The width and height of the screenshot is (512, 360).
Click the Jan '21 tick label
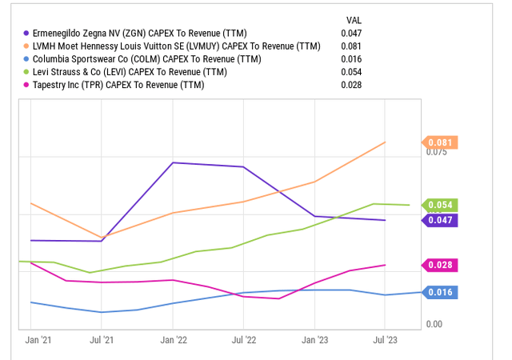coord(38,340)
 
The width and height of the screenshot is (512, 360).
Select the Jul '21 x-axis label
coord(101,340)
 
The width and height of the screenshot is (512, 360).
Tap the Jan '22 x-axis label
coord(173,340)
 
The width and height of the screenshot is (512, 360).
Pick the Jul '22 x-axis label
coord(243,340)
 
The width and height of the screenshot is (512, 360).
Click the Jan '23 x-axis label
coord(314,340)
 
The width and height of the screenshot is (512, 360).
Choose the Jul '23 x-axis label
coord(385,340)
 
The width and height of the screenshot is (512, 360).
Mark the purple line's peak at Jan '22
coord(173,162)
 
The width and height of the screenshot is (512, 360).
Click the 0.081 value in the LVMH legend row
coord(351,46)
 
